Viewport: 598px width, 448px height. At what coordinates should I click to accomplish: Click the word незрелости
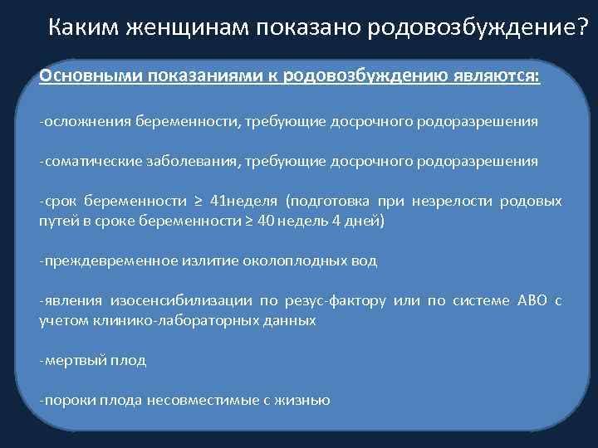point(453,202)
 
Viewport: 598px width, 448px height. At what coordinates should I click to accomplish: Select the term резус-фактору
point(342,300)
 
